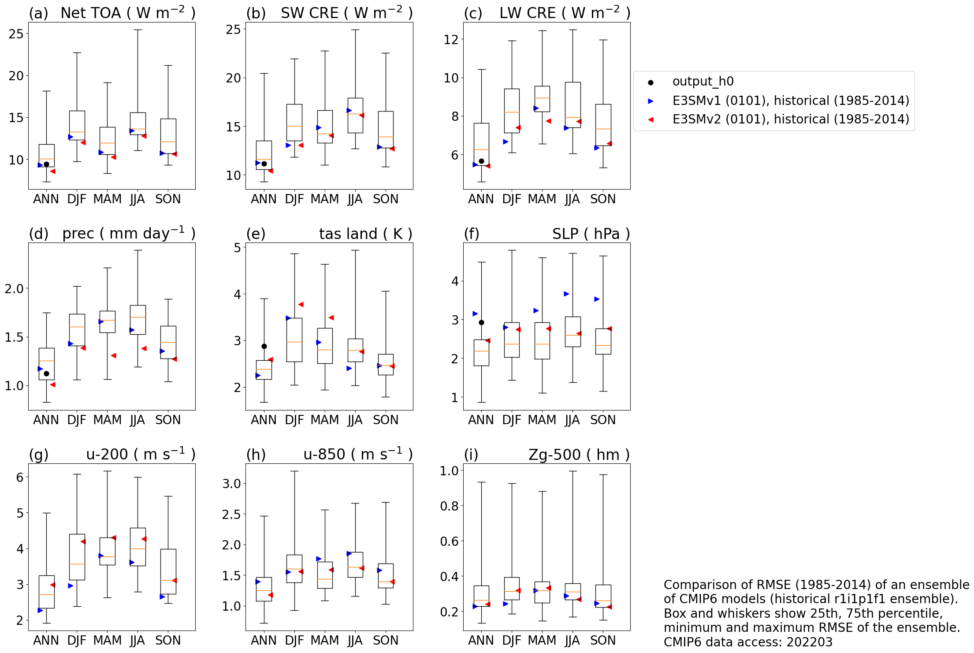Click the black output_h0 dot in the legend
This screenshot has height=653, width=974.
tap(651, 82)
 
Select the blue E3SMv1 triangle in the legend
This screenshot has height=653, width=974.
tap(651, 101)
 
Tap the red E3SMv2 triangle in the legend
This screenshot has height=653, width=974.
tap(651, 119)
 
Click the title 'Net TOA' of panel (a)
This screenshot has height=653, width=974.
tap(90, 13)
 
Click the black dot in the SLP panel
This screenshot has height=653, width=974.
tap(481, 322)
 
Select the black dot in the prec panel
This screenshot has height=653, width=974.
tap(46, 373)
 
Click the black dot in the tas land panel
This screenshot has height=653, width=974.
tap(264, 346)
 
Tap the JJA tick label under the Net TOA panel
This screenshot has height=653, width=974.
tap(137, 199)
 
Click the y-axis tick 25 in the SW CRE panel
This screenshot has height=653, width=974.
tap(233, 30)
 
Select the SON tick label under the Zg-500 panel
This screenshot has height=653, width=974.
tap(603, 640)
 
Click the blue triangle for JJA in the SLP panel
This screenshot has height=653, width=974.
tap(566, 294)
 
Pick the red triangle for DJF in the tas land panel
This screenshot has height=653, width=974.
tap(301, 304)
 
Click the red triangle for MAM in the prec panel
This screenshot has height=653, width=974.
tap(114, 355)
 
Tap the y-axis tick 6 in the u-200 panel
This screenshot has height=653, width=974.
tap(20, 477)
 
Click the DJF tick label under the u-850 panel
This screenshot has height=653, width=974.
tap(294, 640)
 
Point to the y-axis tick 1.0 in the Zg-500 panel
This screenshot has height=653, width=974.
tap(449, 471)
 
